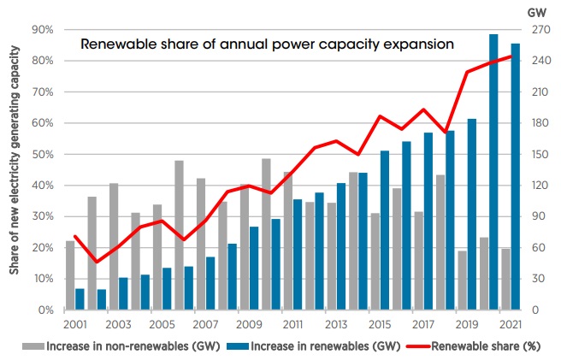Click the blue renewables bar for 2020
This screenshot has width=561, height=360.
[x=493, y=172]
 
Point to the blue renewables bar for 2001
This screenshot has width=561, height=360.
[x=80, y=298]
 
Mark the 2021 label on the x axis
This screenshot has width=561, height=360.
[x=511, y=326]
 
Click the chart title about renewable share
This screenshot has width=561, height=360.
[x=267, y=44]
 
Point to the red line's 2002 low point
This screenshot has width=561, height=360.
[x=97, y=262]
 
